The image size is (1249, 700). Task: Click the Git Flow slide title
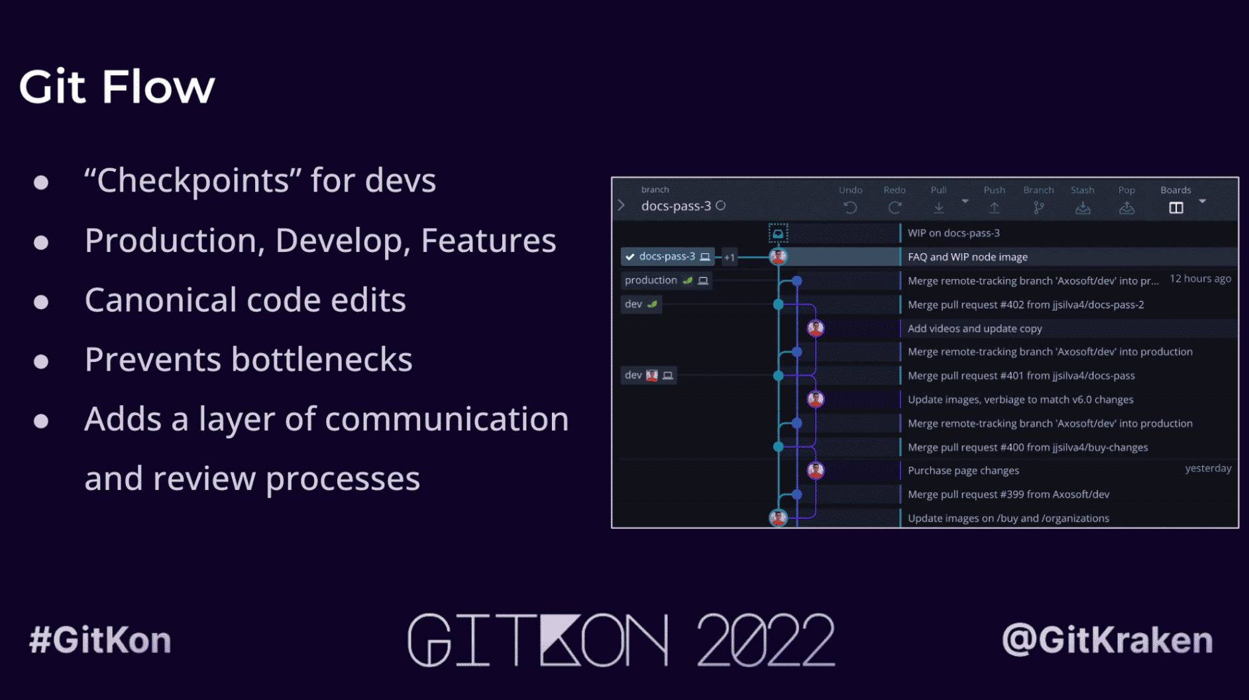point(117,87)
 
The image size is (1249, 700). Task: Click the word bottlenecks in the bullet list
point(322,359)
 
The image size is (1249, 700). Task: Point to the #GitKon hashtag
point(100,640)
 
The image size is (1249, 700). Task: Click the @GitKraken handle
point(1107,640)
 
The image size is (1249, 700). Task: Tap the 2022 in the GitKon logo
point(766,640)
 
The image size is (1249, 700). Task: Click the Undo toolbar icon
point(850,208)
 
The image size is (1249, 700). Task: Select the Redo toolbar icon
point(895,208)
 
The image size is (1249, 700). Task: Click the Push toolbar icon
point(994,208)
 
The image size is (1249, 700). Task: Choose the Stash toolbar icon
point(1083,208)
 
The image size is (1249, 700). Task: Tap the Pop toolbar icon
point(1126,208)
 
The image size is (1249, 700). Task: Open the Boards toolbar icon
point(1176,208)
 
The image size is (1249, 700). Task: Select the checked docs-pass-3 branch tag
point(667,257)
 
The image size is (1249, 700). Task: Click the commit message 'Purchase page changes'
point(963,471)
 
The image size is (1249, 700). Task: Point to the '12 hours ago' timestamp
point(1200,279)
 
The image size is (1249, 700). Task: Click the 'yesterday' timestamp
point(1208,469)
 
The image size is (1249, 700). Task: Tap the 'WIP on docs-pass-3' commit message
point(953,233)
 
